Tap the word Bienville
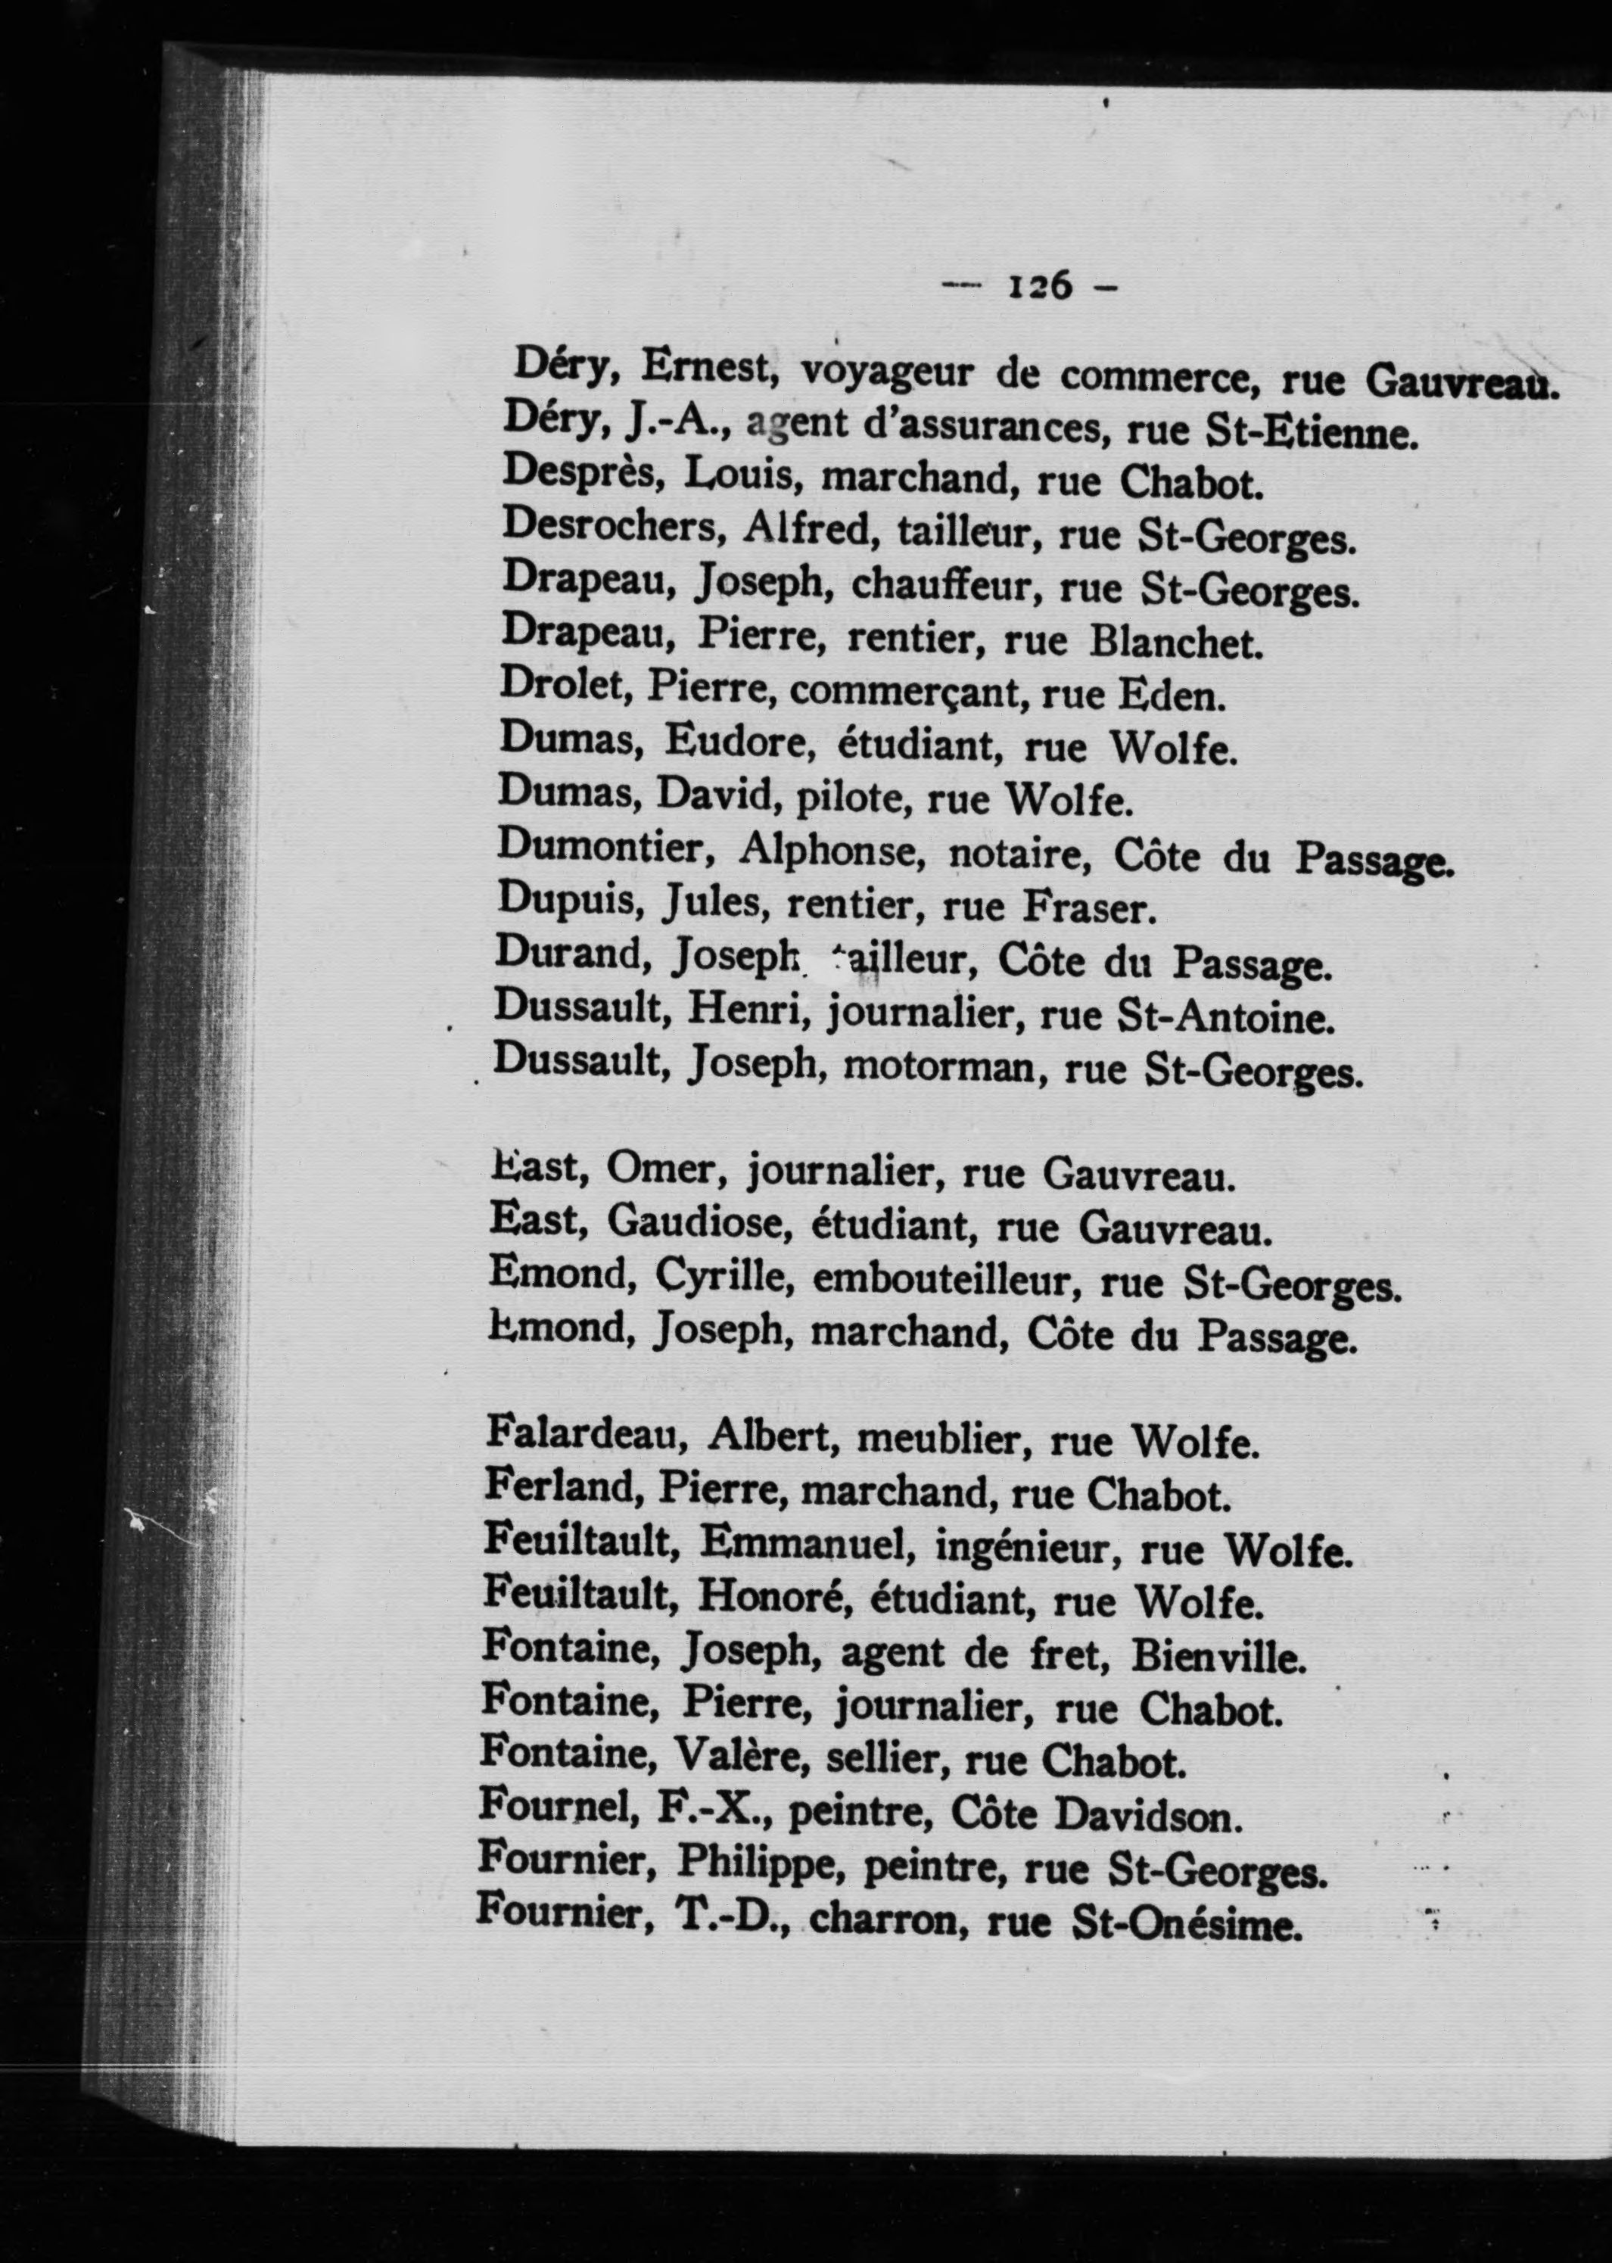[1217, 1654]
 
